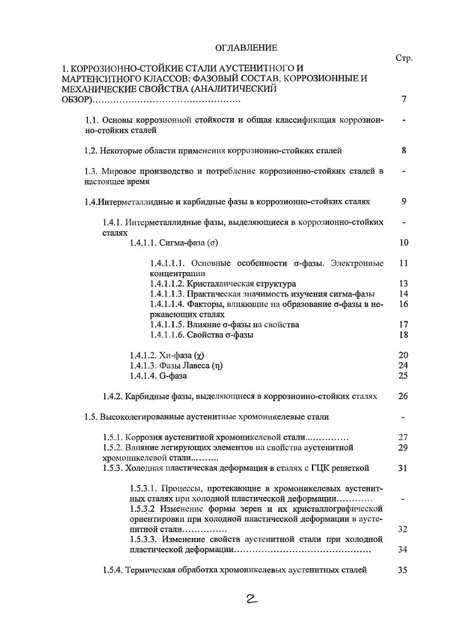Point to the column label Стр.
pyautogui.click(x=403, y=58)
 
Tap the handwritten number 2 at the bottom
pyautogui.click(x=249, y=599)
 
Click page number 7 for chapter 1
pyautogui.click(x=403, y=99)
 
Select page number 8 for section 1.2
pyautogui.click(x=403, y=151)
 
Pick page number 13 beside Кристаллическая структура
pyautogui.click(x=403, y=283)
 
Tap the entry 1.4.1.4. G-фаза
pyautogui.click(x=158, y=375)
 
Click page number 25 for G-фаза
pyautogui.click(x=403, y=375)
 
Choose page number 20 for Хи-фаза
pyautogui.click(x=403, y=355)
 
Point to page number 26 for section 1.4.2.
pyautogui.click(x=403, y=396)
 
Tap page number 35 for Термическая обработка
pyautogui.click(x=403, y=570)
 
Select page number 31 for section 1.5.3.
pyautogui.click(x=403, y=468)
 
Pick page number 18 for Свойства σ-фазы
pyautogui.click(x=403, y=335)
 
